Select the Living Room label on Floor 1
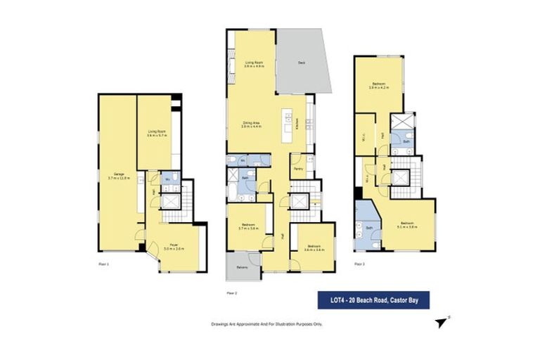click(x=156, y=132)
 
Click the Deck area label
click(x=301, y=62)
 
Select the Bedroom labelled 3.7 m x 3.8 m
click(x=245, y=226)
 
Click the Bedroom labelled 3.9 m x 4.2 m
click(x=380, y=87)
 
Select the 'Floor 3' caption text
click(x=359, y=264)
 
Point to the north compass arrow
click(x=442, y=322)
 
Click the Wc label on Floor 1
click(x=167, y=181)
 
